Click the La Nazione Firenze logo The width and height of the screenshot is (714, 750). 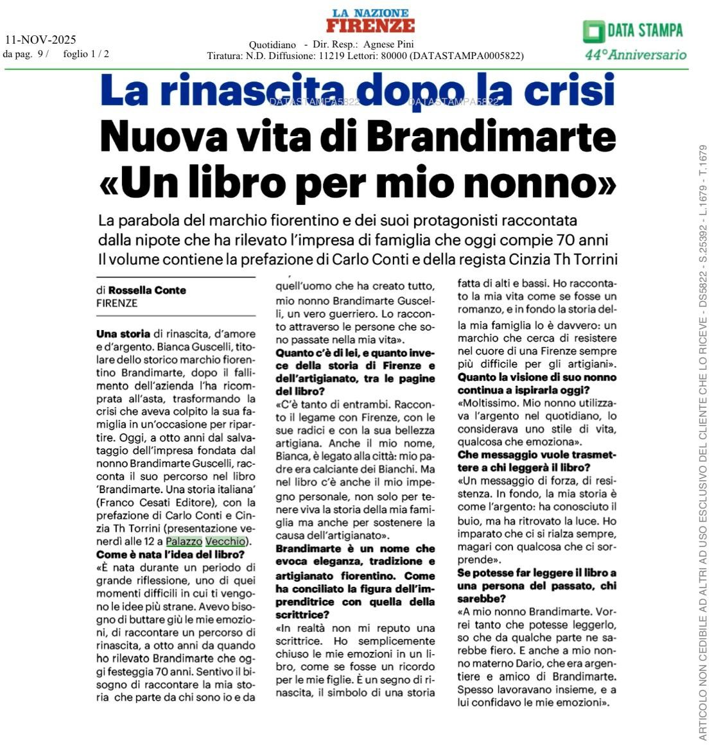coord(370,21)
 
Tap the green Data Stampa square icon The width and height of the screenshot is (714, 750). coord(593,31)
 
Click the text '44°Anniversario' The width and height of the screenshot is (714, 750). coord(635,55)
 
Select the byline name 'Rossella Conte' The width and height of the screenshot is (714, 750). coord(147,290)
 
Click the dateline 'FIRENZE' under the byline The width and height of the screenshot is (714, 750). coord(116,303)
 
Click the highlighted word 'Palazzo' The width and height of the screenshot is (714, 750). coord(184,541)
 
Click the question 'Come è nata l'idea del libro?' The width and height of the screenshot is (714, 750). coord(170,555)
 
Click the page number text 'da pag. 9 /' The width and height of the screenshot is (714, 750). coord(26,54)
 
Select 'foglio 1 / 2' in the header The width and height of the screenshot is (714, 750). coord(86,54)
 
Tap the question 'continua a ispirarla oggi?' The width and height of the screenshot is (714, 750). coord(524,390)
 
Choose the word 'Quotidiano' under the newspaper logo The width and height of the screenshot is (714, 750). coord(272,45)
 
